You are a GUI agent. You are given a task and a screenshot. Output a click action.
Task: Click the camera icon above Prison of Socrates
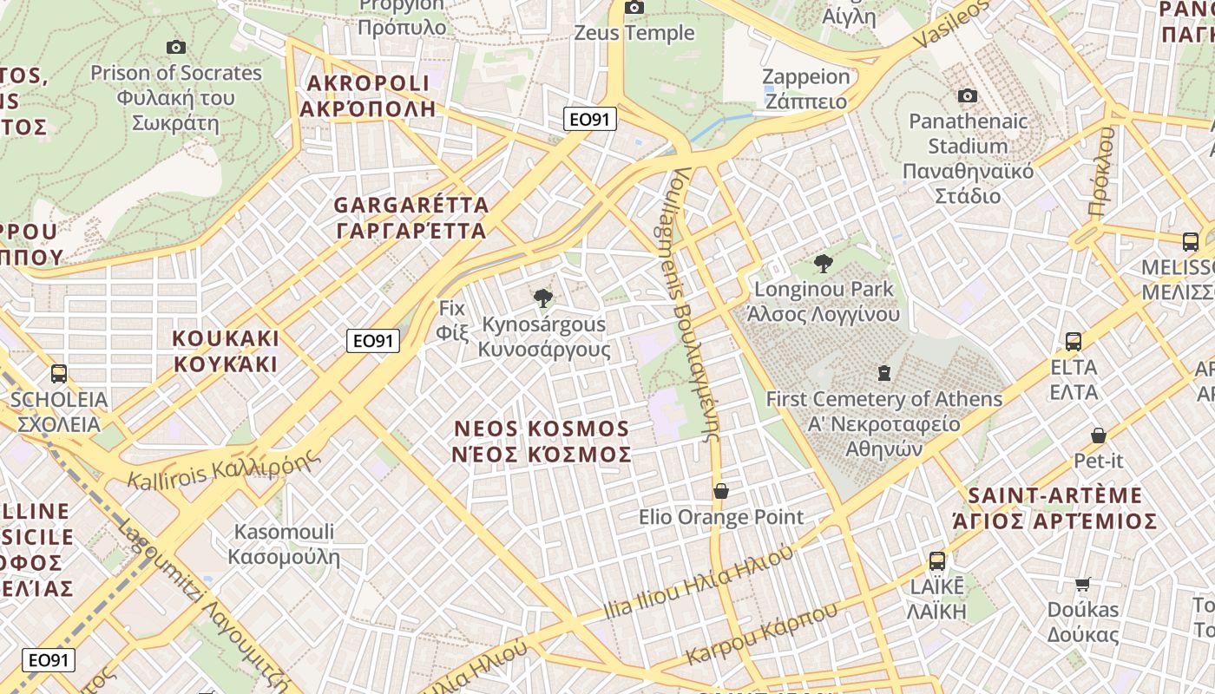[x=175, y=47]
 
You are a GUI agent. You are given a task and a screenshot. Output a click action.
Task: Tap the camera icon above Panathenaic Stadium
[x=968, y=95]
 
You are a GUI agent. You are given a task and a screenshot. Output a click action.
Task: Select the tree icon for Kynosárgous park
[x=543, y=299]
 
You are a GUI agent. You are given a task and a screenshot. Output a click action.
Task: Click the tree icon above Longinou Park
[x=823, y=263]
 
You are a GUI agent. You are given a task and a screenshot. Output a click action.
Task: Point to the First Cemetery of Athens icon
[x=883, y=374]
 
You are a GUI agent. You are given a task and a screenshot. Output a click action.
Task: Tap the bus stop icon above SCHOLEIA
[x=59, y=374]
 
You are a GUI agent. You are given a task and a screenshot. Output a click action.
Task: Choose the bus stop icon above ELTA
[x=1074, y=342]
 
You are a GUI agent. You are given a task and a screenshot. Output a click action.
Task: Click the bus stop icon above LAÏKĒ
[x=937, y=561]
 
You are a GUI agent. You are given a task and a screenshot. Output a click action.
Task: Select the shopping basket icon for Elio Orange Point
[x=720, y=491]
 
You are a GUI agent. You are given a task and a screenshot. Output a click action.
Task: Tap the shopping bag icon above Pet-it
[x=1098, y=435]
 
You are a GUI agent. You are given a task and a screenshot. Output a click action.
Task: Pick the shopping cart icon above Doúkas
[x=1082, y=584]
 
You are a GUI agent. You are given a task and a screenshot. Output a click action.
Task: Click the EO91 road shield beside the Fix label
[x=373, y=341]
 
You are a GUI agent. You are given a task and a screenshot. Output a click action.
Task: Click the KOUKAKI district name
[x=226, y=350]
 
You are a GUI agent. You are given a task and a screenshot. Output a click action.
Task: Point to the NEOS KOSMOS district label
[x=542, y=441]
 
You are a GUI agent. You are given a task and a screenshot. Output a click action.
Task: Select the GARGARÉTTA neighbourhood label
[x=411, y=218]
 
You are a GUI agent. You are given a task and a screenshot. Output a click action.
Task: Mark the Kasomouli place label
[x=284, y=544]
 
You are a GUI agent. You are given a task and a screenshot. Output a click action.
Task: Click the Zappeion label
[x=806, y=88]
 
